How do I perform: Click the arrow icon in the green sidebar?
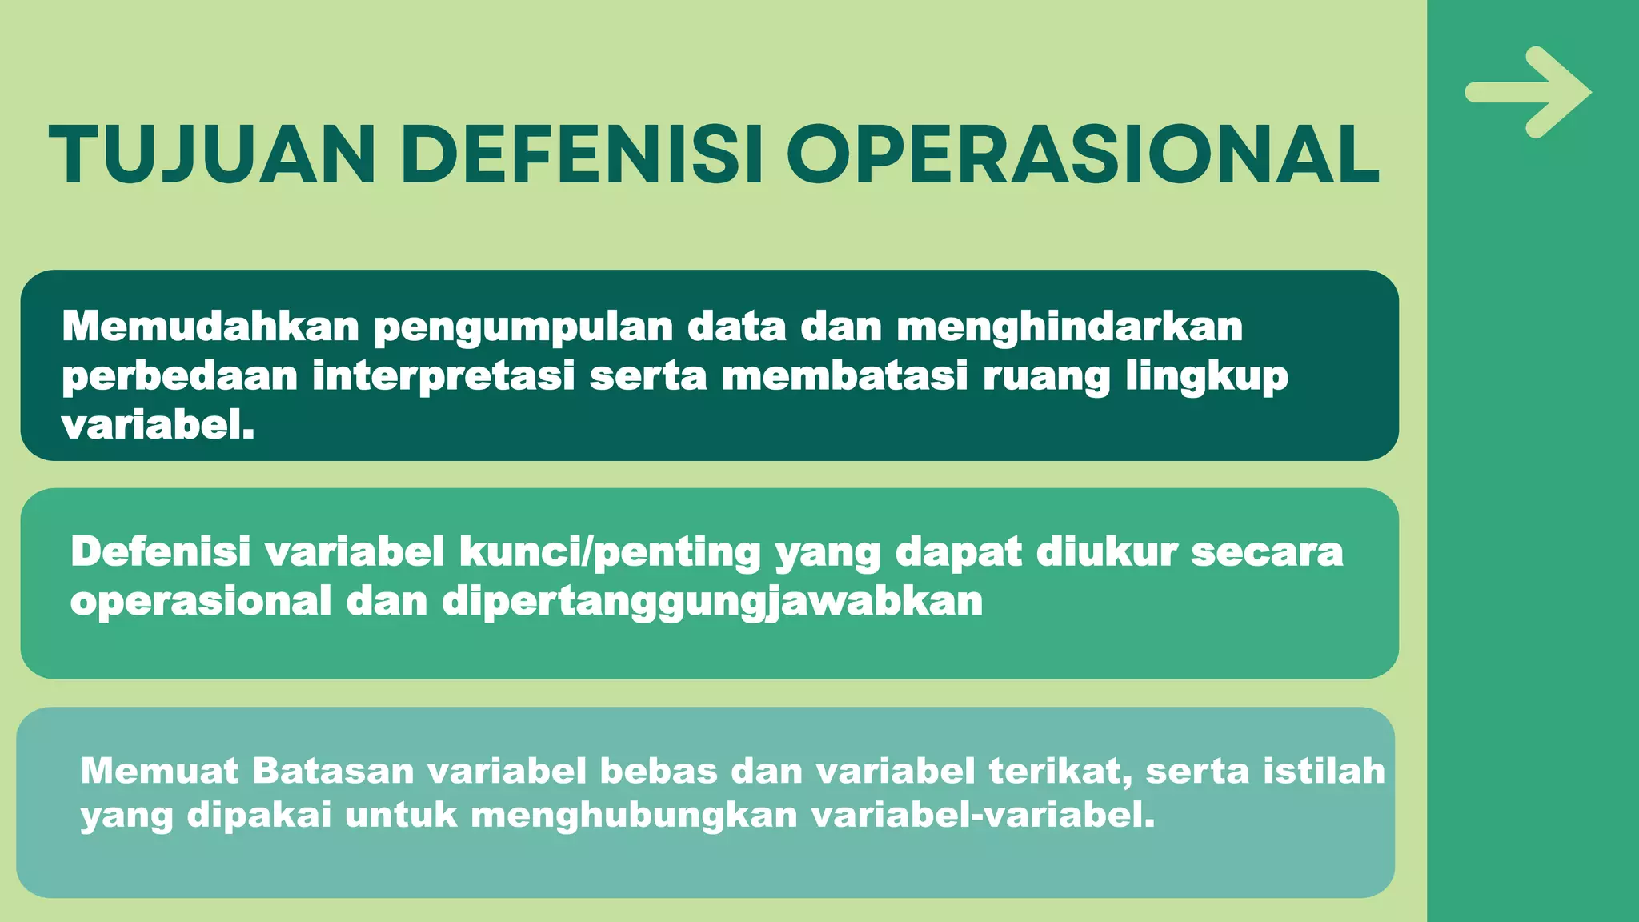click(x=1528, y=92)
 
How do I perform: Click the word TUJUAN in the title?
click(x=212, y=155)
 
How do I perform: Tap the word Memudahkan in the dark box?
click(x=210, y=327)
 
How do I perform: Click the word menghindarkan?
click(x=1069, y=327)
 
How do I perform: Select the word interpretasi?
click(x=443, y=376)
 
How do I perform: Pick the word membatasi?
click(x=845, y=375)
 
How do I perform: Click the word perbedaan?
click(x=180, y=376)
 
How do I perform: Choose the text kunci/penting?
click(x=609, y=553)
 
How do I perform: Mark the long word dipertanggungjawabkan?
click(x=712, y=602)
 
